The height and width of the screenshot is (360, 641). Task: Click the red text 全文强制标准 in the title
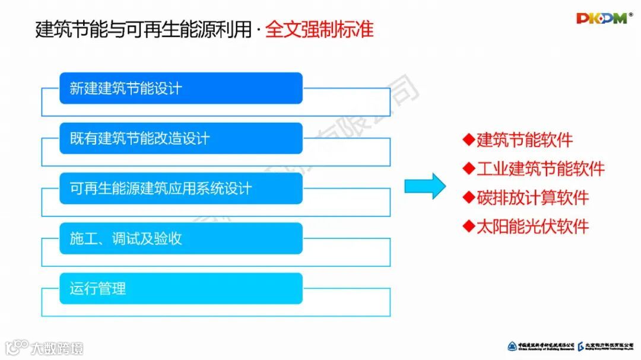tap(319, 29)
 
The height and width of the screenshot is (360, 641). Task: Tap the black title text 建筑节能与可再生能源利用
tap(144, 29)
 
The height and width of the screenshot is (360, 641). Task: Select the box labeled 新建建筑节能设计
tap(181, 88)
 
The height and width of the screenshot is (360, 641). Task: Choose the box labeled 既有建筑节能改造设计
tap(181, 139)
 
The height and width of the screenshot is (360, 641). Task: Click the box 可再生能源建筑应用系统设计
tap(181, 189)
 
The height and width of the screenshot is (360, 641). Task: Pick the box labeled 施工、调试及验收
tap(181, 238)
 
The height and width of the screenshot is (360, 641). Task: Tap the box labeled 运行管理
tap(181, 289)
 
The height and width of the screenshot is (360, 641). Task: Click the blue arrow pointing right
tap(424, 186)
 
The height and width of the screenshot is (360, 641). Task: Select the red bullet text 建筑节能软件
tap(525, 140)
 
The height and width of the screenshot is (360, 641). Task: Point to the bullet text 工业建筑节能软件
tap(540, 168)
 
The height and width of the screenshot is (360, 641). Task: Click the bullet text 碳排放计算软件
tap(532, 197)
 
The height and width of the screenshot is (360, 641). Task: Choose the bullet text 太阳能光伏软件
tap(532, 226)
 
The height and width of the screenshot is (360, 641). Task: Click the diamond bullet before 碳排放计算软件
tap(469, 197)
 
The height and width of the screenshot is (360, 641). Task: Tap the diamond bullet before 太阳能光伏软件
tap(469, 226)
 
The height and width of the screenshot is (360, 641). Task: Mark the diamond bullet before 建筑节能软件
tap(469, 140)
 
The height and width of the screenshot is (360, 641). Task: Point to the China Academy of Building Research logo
tap(540, 346)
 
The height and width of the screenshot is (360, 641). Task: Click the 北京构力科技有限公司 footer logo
tap(605, 346)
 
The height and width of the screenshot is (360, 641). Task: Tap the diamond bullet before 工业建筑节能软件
tap(469, 168)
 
